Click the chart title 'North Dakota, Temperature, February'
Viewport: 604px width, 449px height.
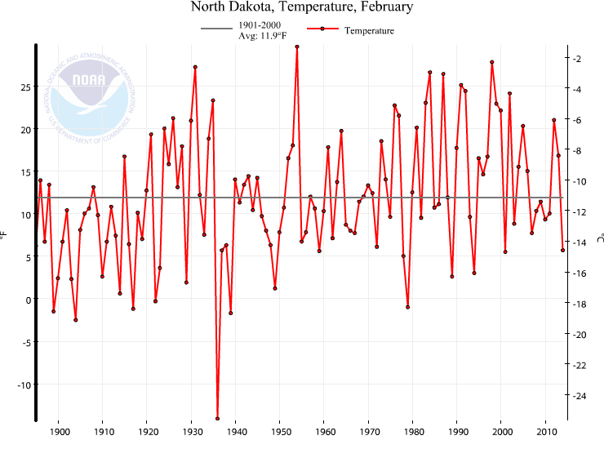click(x=302, y=8)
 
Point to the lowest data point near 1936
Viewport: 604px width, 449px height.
click(x=217, y=419)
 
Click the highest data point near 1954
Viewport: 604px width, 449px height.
click(x=297, y=47)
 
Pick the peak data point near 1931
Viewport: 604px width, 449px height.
click(x=195, y=67)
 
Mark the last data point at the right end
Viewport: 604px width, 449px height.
click(x=563, y=250)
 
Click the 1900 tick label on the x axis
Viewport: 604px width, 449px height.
click(x=59, y=431)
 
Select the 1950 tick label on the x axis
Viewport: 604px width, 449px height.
click(x=280, y=431)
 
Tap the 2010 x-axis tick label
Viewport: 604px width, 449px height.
click(x=545, y=431)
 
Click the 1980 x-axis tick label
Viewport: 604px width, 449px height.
click(x=413, y=431)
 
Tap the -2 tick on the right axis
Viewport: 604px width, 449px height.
click(x=576, y=59)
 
